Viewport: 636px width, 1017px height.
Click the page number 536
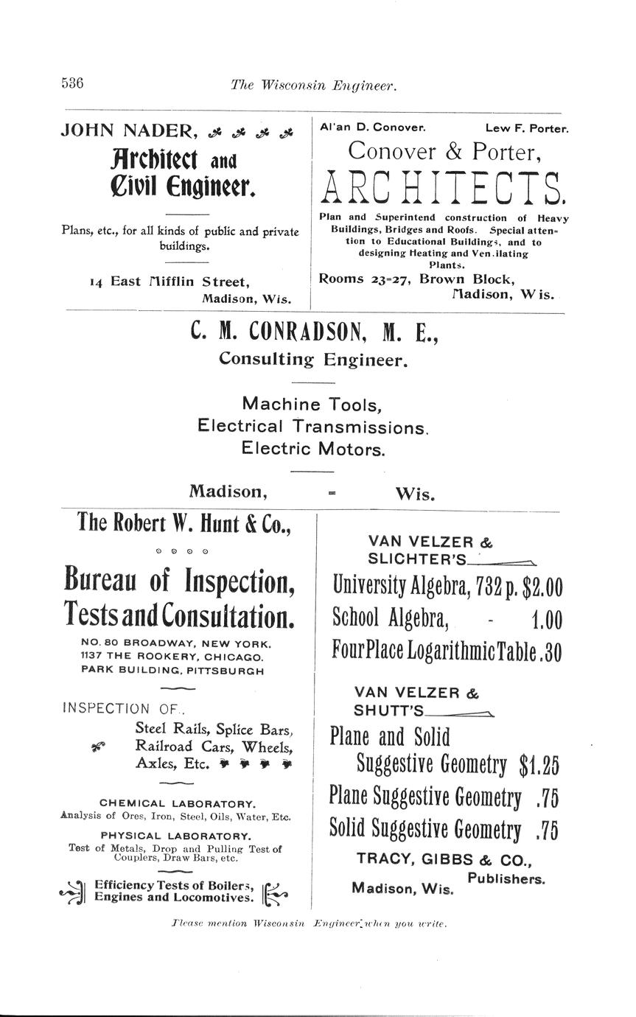click(72, 83)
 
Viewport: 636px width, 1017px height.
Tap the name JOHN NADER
click(128, 131)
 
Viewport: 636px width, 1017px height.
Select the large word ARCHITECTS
click(444, 188)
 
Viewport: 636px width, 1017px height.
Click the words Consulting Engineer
click(312, 360)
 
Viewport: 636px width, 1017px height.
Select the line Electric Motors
click(313, 449)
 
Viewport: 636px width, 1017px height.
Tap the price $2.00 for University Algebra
click(542, 587)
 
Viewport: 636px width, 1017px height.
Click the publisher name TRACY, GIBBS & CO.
click(444, 859)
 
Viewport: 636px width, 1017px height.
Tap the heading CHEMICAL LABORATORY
click(178, 803)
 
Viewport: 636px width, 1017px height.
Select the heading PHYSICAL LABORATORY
click(175, 836)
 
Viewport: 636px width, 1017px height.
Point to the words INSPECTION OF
click(122, 708)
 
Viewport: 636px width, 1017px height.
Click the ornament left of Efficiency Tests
click(74, 892)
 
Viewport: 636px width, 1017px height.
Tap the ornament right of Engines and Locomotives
click(275, 892)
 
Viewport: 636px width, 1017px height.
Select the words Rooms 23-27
click(365, 279)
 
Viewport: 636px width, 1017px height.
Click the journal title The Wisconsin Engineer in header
click(314, 85)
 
